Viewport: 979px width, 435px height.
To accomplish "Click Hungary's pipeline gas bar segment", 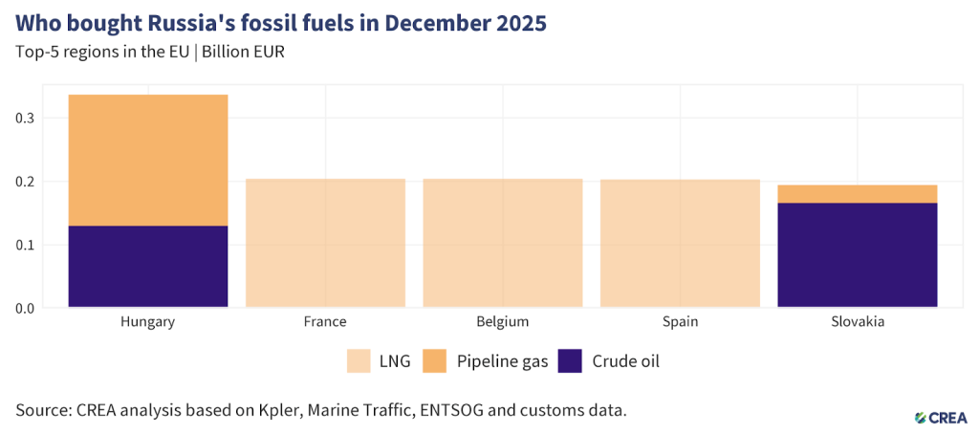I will click(147, 160).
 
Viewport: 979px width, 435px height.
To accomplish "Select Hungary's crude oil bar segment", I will click(147, 267).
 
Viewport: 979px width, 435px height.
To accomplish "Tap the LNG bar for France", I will click(325, 243).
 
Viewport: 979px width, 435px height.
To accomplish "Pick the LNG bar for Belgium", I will click(502, 243).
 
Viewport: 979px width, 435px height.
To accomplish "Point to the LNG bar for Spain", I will click(680, 243).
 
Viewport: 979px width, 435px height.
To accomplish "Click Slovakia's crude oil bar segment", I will click(857, 255).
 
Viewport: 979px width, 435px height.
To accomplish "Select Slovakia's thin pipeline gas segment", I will click(857, 194).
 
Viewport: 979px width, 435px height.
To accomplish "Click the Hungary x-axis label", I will click(147, 322).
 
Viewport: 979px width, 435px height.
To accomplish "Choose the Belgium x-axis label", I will click(502, 322).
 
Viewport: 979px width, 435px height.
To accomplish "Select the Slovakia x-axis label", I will click(857, 322).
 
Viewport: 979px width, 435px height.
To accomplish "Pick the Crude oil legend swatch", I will click(570, 361).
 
